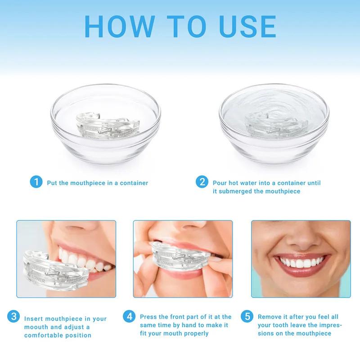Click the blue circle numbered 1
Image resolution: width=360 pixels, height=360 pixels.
tap(36, 183)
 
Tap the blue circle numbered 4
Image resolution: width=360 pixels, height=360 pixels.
tap(130, 317)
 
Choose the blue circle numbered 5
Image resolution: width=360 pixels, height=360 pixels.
tap(247, 317)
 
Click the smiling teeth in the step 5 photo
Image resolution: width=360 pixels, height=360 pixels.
tap(301, 265)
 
